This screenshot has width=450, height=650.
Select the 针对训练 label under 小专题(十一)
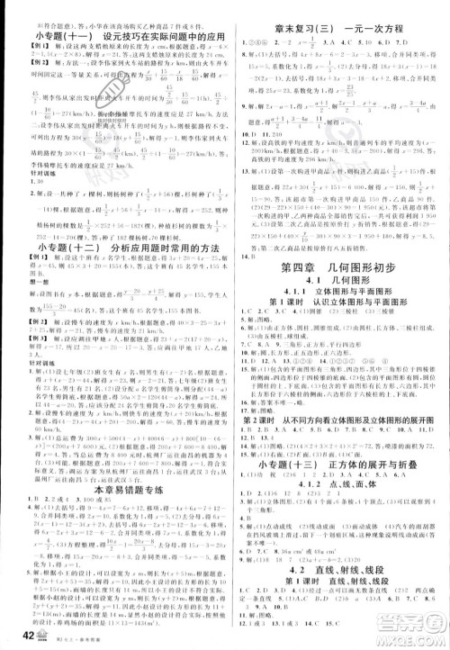(x=28, y=169)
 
